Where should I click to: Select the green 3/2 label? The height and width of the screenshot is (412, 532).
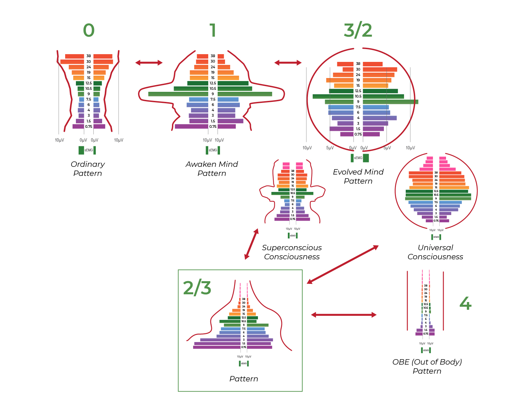coord(358,31)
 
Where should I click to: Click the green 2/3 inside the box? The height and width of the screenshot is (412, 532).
coord(197,288)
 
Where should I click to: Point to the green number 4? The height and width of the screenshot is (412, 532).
coord(465,303)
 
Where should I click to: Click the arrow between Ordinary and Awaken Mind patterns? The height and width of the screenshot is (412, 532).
coord(149,63)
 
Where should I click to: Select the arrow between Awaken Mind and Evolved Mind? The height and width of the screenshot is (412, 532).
coord(288,63)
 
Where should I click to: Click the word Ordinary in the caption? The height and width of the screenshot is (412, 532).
coord(88,164)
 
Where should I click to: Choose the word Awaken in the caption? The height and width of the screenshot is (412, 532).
coord(200,164)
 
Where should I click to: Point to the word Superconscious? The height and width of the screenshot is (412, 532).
coord(292,248)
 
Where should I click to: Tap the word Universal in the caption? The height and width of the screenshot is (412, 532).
coord(435,248)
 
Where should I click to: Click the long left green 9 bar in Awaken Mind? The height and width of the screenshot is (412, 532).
coord(178,94)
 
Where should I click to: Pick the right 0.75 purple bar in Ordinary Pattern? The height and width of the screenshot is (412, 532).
coord(99,126)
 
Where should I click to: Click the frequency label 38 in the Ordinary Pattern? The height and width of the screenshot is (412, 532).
coord(89,56)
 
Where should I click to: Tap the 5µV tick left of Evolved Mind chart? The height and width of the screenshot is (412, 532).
coord(330,148)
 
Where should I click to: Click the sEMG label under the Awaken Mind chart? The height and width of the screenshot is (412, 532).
coord(213,150)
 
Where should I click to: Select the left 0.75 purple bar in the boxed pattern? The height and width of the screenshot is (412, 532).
coord(217,347)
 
